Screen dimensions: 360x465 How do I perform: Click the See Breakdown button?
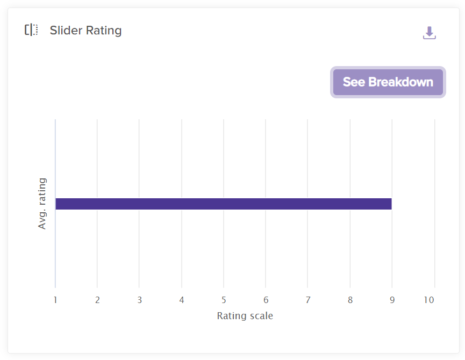coord(388,82)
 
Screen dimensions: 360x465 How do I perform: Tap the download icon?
coord(429,33)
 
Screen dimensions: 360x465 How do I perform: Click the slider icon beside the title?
coord(31,30)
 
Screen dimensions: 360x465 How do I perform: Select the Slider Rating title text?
coord(85,31)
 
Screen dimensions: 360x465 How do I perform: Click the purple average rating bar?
coord(223,204)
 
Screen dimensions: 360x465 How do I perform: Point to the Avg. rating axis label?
coord(42,204)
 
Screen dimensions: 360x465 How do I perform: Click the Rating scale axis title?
coord(245,316)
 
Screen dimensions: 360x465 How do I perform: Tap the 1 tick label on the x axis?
coord(55,300)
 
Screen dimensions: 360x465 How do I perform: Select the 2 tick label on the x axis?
coord(97,300)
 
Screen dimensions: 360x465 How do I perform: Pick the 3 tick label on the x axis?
coord(139,300)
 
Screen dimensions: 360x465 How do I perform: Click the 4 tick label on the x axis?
coord(182,300)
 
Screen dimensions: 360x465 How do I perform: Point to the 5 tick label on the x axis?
coord(224,300)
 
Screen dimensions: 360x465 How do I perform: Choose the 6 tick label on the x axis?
coord(266,300)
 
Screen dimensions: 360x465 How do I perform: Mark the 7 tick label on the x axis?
coord(307,300)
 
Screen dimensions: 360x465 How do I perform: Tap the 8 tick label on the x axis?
coord(350,300)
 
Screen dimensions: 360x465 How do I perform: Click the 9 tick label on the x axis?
coord(392,300)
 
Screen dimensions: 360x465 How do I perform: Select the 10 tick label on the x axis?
coord(428,300)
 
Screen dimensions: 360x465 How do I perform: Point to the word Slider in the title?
coord(64,31)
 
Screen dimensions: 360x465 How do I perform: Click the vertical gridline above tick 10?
coord(434,161)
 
